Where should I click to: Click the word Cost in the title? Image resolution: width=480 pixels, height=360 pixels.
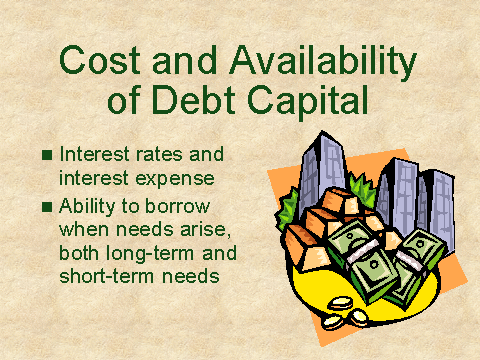(x=100, y=60)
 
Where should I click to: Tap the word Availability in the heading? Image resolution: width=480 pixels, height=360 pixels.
(x=323, y=62)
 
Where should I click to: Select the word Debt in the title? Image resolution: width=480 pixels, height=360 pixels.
(x=194, y=99)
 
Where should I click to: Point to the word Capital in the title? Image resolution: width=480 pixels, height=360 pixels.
(x=307, y=101)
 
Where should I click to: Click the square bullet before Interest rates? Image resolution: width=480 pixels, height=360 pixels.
(x=47, y=155)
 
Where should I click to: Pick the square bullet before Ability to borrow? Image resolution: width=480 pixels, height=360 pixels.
(x=47, y=207)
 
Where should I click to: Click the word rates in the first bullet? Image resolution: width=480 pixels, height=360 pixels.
(x=159, y=155)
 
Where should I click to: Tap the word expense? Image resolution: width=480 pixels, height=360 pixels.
(x=175, y=179)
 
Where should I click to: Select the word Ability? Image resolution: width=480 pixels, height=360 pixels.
(x=87, y=207)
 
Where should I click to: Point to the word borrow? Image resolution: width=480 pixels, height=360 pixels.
(x=177, y=206)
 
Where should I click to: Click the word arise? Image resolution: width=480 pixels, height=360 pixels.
(x=206, y=229)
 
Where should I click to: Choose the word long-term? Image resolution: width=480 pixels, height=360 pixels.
(x=150, y=254)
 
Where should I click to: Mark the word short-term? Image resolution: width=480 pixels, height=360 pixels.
(x=107, y=276)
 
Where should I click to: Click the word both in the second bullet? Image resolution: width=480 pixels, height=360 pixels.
(x=79, y=253)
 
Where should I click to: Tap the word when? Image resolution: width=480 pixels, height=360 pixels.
(x=84, y=229)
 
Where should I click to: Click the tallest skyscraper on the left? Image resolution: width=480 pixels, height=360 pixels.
(x=321, y=170)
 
